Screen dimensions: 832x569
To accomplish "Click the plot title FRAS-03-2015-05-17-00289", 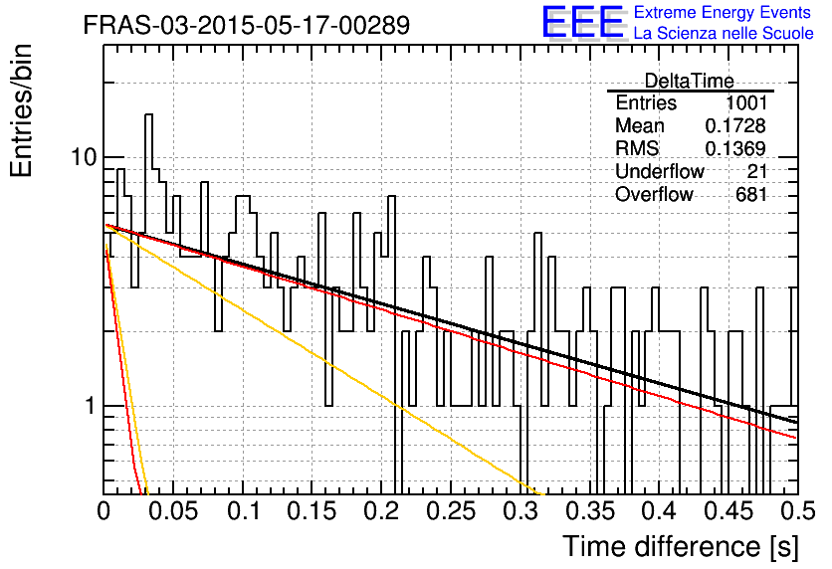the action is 247,25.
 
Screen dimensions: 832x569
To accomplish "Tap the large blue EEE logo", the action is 582,22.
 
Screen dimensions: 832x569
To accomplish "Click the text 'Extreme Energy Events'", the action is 723,12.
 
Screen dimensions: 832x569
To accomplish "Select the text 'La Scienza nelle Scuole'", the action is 724,33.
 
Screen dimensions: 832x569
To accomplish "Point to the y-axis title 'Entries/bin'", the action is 21,110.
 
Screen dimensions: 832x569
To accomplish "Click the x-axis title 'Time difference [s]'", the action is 681,546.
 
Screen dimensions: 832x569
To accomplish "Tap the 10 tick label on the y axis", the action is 84,157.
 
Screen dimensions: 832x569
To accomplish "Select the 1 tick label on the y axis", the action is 90,406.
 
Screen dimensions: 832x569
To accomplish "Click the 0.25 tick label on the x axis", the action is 451,511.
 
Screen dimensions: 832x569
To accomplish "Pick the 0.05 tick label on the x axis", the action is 172,511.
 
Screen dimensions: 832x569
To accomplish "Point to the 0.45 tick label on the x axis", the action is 729,511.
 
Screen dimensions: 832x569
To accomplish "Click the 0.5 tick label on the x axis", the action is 797,511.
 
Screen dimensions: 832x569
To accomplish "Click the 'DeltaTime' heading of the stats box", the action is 689,81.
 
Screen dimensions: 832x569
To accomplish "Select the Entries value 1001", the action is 746,102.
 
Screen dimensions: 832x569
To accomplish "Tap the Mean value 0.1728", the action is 735,125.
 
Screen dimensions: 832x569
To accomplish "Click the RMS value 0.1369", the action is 735,148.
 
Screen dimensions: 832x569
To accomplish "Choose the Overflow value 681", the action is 751,195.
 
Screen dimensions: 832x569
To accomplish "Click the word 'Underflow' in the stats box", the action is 660,171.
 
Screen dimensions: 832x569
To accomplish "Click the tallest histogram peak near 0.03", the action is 148,115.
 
